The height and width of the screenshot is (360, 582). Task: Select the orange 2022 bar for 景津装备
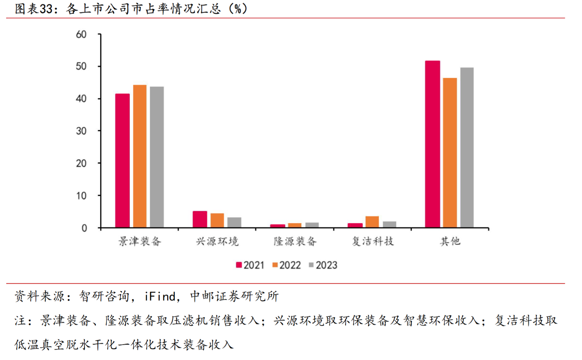pos(140,156)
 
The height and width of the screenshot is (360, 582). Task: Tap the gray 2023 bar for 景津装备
pos(157,157)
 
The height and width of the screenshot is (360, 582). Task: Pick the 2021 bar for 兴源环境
pos(200,219)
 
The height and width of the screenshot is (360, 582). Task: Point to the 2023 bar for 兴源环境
pos(234,222)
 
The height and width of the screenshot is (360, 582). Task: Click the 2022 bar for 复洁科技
pos(372,222)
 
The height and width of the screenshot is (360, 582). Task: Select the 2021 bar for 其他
pos(432,144)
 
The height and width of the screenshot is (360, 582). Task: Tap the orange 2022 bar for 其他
pos(450,153)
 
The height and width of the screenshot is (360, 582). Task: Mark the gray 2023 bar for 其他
pos(467,147)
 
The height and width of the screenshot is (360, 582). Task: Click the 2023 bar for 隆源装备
pos(312,225)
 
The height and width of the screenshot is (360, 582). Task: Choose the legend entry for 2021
pos(250,265)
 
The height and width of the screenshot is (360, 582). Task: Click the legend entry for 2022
pos(287,265)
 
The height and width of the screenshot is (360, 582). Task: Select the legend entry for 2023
pos(323,265)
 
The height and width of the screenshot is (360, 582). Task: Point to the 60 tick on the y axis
pos(81,34)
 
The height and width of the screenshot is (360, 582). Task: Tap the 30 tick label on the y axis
pos(81,131)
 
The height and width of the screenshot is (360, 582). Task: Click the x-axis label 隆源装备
pos(295,241)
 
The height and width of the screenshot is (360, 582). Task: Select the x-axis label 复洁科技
pos(372,241)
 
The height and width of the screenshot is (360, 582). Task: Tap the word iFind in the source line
pos(160,297)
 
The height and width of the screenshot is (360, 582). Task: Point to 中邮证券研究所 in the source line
pos(234,297)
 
